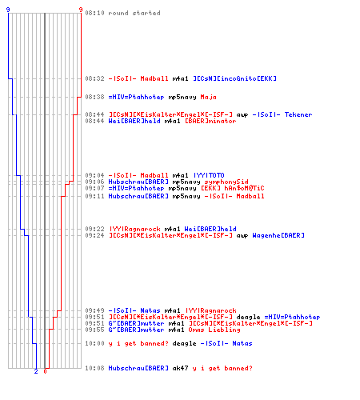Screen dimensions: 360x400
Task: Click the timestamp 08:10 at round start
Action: [94, 13]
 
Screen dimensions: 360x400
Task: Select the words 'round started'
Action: [134, 13]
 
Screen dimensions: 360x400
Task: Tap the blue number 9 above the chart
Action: [8, 10]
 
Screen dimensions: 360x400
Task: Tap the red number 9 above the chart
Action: [81, 10]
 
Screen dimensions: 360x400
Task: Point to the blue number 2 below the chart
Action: [36, 371]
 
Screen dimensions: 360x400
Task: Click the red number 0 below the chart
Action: [45, 371]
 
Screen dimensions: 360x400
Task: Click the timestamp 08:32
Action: [94, 78]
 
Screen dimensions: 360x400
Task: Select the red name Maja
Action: [208, 97]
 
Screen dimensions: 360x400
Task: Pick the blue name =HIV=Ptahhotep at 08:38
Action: [136, 97]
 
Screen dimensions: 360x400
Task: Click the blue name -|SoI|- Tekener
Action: [282, 114]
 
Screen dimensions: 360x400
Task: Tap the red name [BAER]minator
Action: [210, 121]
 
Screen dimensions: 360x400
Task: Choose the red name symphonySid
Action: [226, 182]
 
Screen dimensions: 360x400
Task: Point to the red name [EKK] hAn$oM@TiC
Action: [232, 188]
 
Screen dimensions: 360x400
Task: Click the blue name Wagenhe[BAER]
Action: [278, 235]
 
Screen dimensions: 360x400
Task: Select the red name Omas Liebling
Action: [214, 330]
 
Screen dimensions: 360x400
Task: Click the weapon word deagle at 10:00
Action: [184, 343]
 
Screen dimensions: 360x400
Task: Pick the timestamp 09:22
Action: [94, 229]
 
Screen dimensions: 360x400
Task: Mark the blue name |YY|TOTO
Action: [209, 175]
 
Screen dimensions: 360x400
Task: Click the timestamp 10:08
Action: [94, 368]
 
